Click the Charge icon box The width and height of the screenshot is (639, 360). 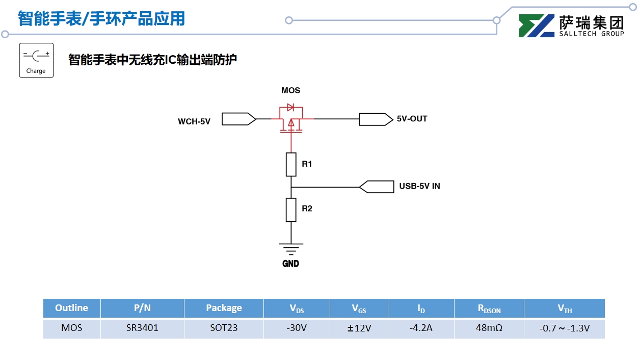(x=36, y=60)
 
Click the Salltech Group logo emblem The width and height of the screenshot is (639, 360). (x=537, y=26)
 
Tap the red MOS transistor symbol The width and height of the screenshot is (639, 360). (x=291, y=119)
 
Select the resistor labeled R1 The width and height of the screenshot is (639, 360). (x=291, y=164)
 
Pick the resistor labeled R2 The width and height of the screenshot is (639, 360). (x=291, y=210)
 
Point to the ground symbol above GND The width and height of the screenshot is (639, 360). (x=291, y=249)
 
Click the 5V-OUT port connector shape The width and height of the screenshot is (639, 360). (x=376, y=119)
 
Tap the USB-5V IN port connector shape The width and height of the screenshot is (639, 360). (x=377, y=187)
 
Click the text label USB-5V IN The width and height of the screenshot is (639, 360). (x=419, y=187)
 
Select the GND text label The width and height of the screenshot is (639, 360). (x=291, y=264)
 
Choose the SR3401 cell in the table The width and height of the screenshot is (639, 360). (x=142, y=328)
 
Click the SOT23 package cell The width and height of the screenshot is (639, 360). (x=224, y=328)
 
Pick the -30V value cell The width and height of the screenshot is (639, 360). (x=297, y=328)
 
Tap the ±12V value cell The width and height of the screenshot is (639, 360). (x=359, y=328)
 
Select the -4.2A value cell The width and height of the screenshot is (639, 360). (x=421, y=328)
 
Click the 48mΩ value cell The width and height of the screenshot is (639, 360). (x=489, y=328)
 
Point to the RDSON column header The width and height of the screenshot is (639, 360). (x=489, y=308)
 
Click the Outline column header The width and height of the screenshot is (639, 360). (x=71, y=308)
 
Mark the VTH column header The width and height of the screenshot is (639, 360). (x=564, y=308)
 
